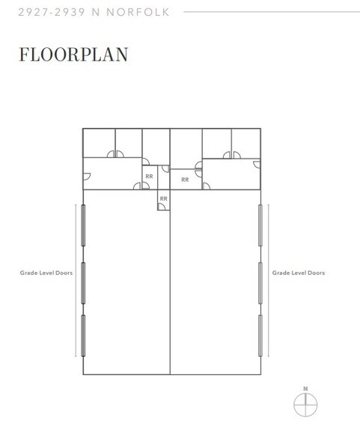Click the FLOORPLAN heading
point(73,55)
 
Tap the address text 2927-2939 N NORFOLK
point(94,12)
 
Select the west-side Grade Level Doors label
point(46,272)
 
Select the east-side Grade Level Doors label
point(299,272)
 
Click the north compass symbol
point(305,405)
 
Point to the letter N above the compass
point(305,388)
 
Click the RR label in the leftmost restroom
point(149,177)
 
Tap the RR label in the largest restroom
point(185,180)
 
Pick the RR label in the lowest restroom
point(164,199)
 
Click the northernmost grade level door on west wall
point(83,225)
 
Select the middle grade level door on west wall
point(83,283)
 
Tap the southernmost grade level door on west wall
point(83,335)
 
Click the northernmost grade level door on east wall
point(260,225)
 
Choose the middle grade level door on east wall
point(260,283)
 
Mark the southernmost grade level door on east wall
point(260,335)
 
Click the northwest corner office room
point(99,143)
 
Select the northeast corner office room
point(246,144)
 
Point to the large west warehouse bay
point(126,282)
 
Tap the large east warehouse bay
point(216,282)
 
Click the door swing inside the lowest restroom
point(162,207)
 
